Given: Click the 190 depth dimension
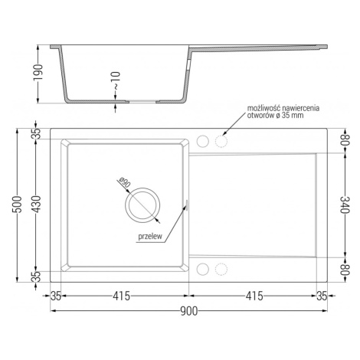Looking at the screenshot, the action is tap(38, 72).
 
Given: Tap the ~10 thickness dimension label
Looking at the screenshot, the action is tap(116, 80).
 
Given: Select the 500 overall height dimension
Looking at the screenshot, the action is tap(18, 205).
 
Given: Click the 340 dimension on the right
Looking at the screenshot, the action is tap(345, 205).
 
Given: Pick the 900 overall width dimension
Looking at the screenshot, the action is tap(189, 311).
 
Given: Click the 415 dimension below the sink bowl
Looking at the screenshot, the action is tap(122, 296).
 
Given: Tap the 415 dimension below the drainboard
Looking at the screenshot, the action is tap(254, 296).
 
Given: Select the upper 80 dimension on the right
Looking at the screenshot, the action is tap(345, 139).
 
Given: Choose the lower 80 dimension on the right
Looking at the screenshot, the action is tap(345, 270).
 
